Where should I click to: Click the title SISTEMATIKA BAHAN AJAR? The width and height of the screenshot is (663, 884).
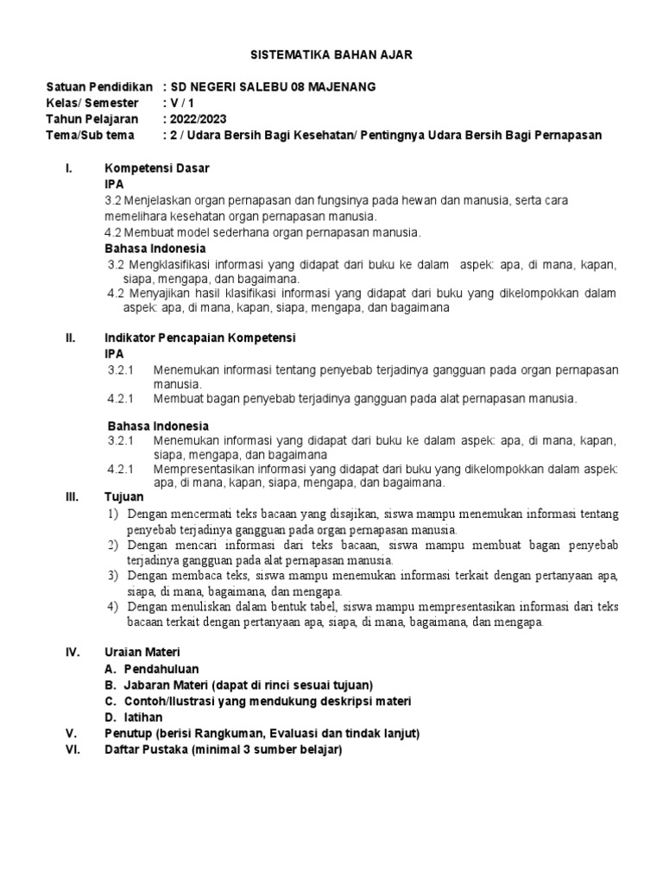pyautogui.click(x=331, y=54)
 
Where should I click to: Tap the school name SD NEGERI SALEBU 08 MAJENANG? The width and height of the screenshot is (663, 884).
pyautogui.click(x=269, y=88)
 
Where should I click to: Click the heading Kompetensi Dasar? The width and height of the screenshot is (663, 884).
pyautogui.click(x=157, y=167)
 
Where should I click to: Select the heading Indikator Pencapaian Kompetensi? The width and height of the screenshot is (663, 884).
pyautogui.click(x=200, y=338)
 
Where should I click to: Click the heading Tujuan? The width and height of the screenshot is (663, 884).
pyautogui.click(x=124, y=498)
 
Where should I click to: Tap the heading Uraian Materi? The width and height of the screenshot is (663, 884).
pyautogui.click(x=142, y=652)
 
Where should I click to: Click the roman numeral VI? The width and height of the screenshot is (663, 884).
pyautogui.click(x=73, y=750)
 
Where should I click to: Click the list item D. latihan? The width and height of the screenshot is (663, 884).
pyautogui.click(x=133, y=717)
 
